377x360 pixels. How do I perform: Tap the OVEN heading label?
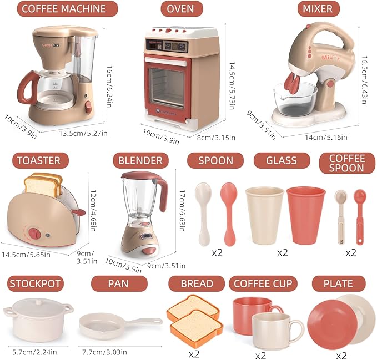(180, 9)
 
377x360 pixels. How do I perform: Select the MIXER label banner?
(318, 9)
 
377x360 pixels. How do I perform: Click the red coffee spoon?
(360, 214)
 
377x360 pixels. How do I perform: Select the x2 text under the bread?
(194, 353)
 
